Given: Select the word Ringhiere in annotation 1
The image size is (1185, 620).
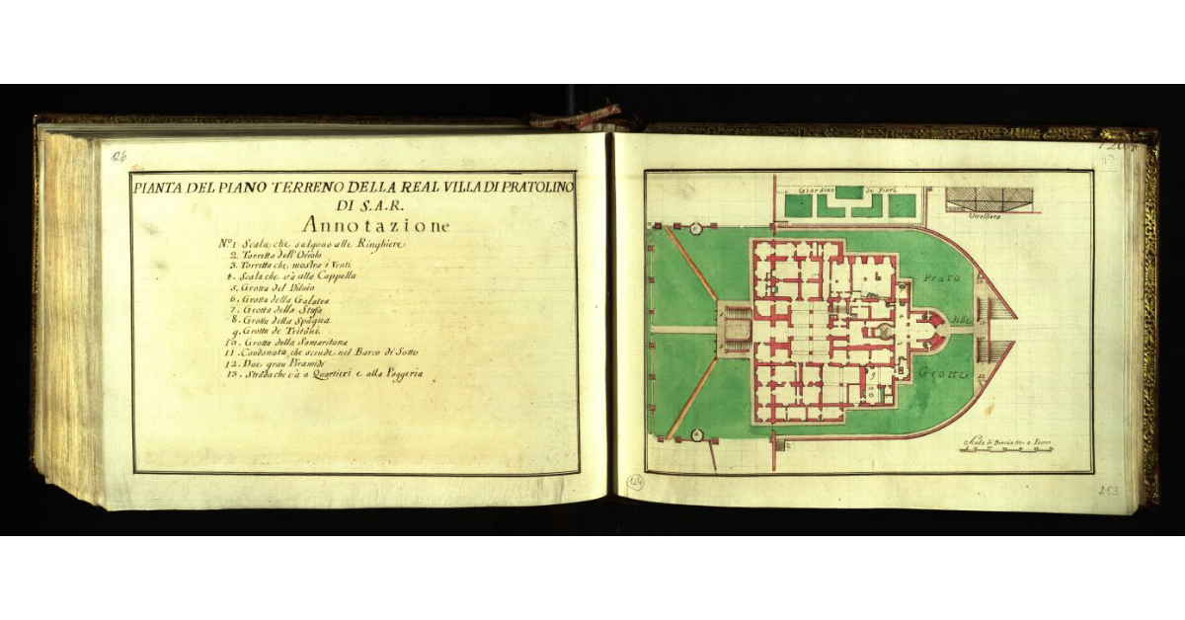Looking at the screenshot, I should tap(378, 245).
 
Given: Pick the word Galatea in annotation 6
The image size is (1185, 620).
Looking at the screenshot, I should tap(309, 299).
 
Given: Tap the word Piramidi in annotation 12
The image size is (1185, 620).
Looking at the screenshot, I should tap(305, 364).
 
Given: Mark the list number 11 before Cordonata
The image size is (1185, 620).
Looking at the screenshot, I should tap(228, 353).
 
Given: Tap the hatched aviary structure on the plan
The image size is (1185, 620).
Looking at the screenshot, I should tap(988, 199).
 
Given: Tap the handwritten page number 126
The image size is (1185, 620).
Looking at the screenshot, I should tap(119, 156).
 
